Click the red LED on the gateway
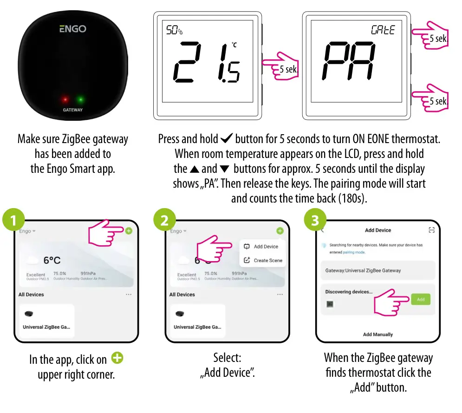(65, 99)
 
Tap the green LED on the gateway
(80, 99)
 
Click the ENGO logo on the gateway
(73, 29)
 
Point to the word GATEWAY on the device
(73, 110)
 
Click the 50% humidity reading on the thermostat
(174, 31)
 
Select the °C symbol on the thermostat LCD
(234, 45)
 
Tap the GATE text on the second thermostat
(383, 30)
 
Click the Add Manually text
(377, 334)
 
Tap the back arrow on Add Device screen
(323, 230)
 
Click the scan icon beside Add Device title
(431, 230)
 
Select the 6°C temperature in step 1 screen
(52, 261)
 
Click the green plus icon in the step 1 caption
(118, 359)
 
